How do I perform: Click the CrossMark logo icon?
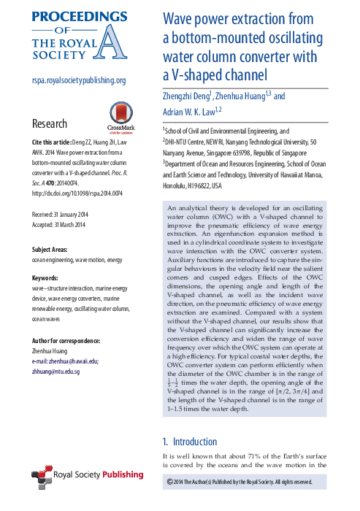click(120, 114)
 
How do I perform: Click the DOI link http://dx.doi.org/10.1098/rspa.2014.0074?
click(77, 174)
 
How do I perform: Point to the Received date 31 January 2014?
click(68, 194)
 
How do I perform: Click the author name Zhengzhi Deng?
click(186, 96)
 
